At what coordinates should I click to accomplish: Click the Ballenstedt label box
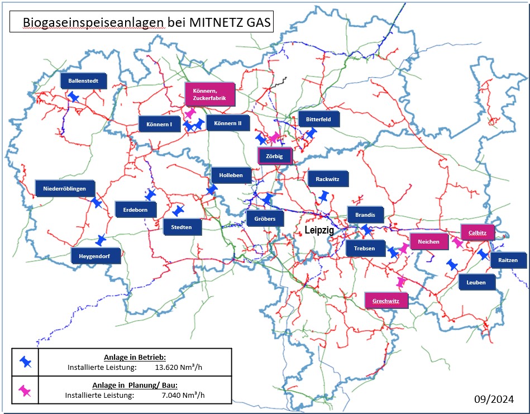pos(83,81)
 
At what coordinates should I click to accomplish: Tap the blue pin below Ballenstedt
pos(74,97)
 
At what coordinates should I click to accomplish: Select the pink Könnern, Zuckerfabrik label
pos(209,94)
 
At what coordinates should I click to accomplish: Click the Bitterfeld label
pos(319,118)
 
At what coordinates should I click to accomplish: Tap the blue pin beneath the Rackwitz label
pos(323,196)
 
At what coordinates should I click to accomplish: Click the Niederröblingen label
pos(65,189)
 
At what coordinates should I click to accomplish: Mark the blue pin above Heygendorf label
pos(101,240)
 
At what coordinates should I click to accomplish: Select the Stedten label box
pos(182,227)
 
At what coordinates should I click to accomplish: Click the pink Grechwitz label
pos(386,301)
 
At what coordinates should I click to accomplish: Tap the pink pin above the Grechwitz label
pos(400,282)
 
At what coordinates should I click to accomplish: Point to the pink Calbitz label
pos(477,232)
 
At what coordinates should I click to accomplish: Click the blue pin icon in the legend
pos(26,362)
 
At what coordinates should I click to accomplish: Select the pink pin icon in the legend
pos(25,391)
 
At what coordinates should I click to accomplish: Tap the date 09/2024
pos(494,399)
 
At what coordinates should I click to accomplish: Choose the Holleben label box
pos(231,175)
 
